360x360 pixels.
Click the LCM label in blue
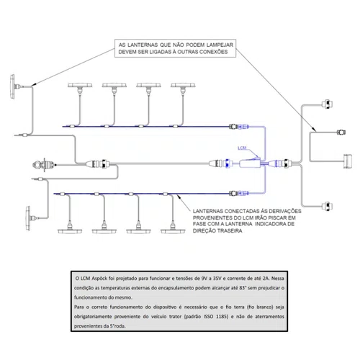click(x=242, y=148)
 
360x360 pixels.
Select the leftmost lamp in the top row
click(x=80, y=88)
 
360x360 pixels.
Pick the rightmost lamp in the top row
click(x=183, y=88)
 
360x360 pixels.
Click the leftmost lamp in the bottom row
click(x=70, y=229)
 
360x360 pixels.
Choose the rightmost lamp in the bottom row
click(x=173, y=229)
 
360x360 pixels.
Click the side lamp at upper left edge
click(x=14, y=86)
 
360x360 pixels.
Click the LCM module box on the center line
click(x=250, y=164)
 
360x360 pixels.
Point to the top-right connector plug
click(x=327, y=104)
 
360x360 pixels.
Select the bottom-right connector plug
click(x=327, y=206)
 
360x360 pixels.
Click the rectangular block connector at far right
click(x=348, y=161)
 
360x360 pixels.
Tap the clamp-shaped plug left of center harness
click(x=43, y=165)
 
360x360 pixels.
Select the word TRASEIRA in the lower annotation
click(x=229, y=231)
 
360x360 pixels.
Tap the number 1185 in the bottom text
click(x=222, y=317)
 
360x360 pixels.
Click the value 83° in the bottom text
click(x=243, y=288)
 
